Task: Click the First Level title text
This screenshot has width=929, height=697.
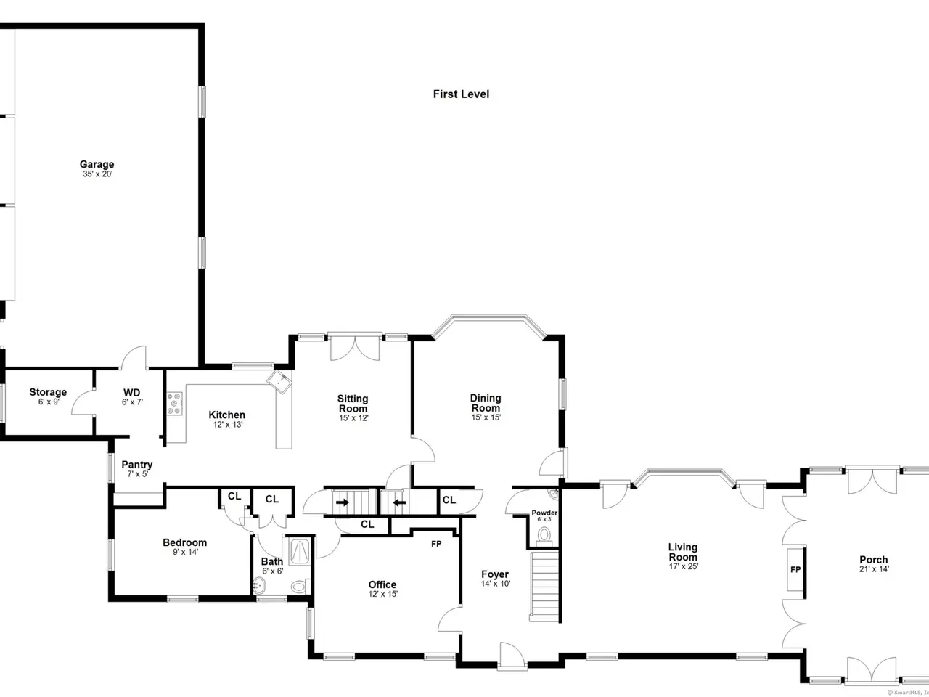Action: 461,94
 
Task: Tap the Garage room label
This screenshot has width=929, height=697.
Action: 97,164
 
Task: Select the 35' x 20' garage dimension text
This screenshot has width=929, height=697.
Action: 98,174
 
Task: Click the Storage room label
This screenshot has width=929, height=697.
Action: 48,392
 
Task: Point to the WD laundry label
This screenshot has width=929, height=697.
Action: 131,392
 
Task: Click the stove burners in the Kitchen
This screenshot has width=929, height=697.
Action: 175,403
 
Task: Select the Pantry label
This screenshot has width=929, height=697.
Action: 136,464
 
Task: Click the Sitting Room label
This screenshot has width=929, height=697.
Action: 353,403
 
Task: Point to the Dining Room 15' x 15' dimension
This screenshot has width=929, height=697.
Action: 486,417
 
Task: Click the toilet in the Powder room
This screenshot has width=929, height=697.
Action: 544,535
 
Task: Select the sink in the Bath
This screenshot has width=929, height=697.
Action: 259,586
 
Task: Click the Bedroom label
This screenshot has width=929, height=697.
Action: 184,542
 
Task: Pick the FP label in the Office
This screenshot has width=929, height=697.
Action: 436,544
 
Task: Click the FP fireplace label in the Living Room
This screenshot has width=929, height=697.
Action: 795,570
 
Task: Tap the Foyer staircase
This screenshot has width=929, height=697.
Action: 545,586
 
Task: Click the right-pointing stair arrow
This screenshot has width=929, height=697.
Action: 343,502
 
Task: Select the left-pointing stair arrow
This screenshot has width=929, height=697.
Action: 399,502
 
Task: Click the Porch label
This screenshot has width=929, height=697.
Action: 874,560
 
